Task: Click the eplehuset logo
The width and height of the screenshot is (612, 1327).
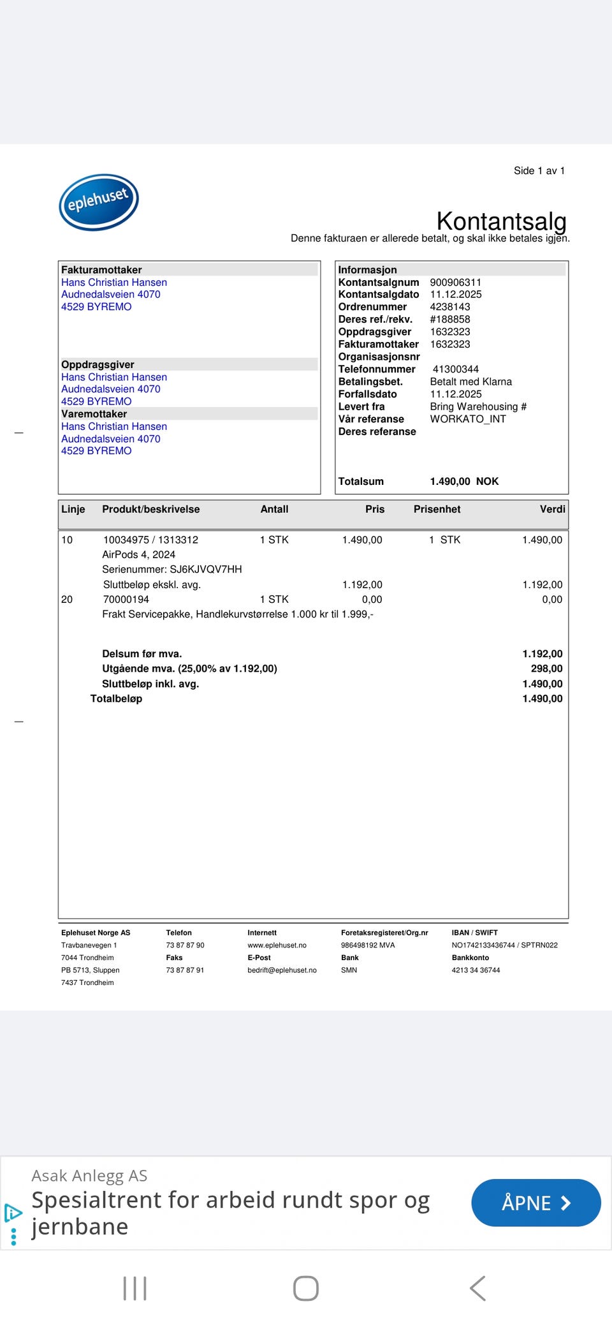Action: coord(99,202)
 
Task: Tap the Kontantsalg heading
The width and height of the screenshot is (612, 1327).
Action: coord(501,221)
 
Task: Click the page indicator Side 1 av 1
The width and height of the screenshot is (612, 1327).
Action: coord(539,170)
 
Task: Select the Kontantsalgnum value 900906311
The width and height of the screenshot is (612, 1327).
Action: coord(455,282)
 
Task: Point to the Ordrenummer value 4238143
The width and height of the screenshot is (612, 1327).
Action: coord(449,307)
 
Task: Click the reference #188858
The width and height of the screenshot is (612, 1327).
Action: coord(449,319)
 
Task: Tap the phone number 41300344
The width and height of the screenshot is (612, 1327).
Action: coord(455,369)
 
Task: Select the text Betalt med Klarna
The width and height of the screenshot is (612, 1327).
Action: coord(470,382)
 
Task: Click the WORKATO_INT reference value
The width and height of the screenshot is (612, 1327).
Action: coord(467,419)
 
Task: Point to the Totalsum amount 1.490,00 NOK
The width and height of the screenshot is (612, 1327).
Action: coord(463,482)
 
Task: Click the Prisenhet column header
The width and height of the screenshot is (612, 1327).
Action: coord(437,509)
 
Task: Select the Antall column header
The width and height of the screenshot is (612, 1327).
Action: coord(274,509)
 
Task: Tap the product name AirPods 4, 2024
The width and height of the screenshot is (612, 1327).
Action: coord(138,554)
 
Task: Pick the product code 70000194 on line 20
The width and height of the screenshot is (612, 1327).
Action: coord(126,599)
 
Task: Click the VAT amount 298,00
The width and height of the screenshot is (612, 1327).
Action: coord(546,669)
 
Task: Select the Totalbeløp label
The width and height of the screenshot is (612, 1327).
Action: coord(116,699)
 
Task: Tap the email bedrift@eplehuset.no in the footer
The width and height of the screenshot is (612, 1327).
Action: coord(282,970)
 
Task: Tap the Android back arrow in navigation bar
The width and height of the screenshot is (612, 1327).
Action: coord(477,1288)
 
